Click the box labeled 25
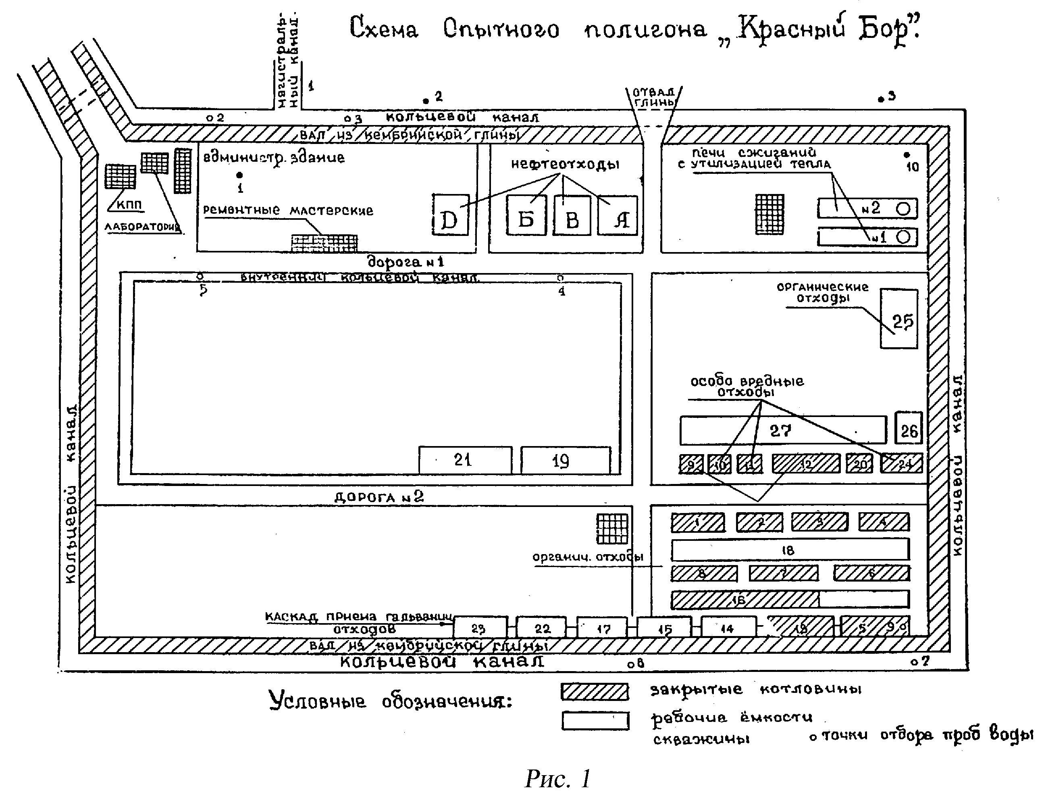pyautogui.click(x=899, y=319)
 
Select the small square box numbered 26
pyautogui.click(x=909, y=428)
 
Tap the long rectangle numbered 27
pyautogui.click(x=782, y=430)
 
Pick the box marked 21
pyautogui.click(x=465, y=460)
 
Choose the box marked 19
pyautogui.click(x=565, y=461)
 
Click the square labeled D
pyautogui.click(x=450, y=215)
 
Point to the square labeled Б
pyautogui.click(x=526, y=216)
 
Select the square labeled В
pyautogui.click(x=572, y=216)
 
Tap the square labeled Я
pyautogui.click(x=618, y=216)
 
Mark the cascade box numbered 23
pyautogui.click(x=480, y=627)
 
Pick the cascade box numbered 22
pyautogui.click(x=542, y=627)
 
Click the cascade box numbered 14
pyautogui.click(x=728, y=627)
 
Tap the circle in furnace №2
pyautogui.click(x=903, y=209)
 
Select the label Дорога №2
pyautogui.click(x=379, y=497)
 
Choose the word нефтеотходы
pyautogui.click(x=565, y=165)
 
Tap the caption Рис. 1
pyautogui.click(x=557, y=779)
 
